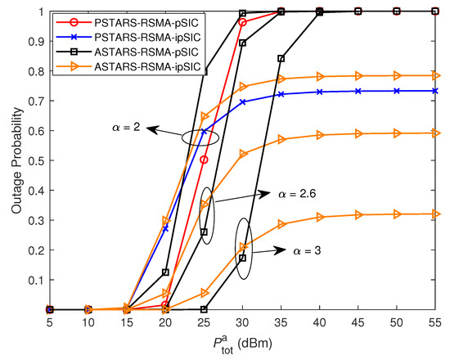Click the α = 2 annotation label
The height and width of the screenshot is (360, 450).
tap(128, 127)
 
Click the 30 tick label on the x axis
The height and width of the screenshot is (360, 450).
tap(243, 323)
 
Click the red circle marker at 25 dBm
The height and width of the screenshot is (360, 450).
tap(205, 160)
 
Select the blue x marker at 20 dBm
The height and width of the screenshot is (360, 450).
tap(166, 229)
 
